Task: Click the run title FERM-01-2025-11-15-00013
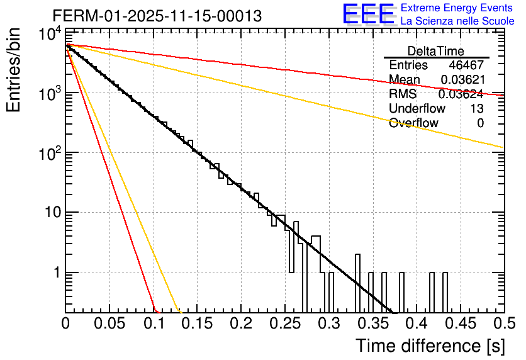pyautogui.click(x=157, y=16)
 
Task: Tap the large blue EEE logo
pyautogui.click(x=368, y=14)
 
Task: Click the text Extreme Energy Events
pyautogui.click(x=457, y=8)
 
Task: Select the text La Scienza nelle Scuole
pyautogui.click(x=457, y=21)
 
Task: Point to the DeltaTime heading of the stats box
pyautogui.click(x=436, y=51)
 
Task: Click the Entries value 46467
pyautogui.click(x=466, y=65)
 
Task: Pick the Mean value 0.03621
pyautogui.click(x=462, y=80)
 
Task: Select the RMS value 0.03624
pyautogui.click(x=461, y=94)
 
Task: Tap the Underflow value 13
pyautogui.click(x=476, y=109)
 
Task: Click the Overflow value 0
pyautogui.click(x=480, y=123)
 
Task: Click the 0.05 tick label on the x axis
pyautogui.click(x=109, y=323)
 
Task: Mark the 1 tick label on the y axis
pyautogui.click(x=56, y=273)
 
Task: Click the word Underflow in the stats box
pyautogui.click(x=417, y=109)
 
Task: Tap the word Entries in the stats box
pyautogui.click(x=408, y=65)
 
